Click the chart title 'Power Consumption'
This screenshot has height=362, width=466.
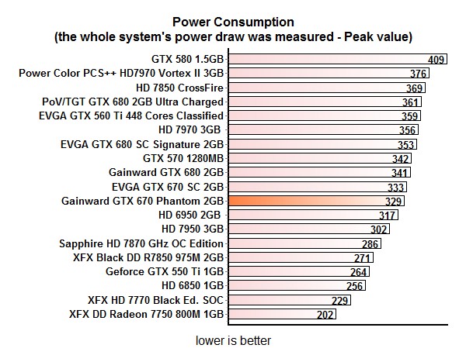[x=233, y=22]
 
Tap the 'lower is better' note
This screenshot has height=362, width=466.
[x=233, y=340]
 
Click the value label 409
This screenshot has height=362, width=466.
[x=436, y=59]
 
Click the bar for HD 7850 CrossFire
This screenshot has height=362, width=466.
[x=326, y=88]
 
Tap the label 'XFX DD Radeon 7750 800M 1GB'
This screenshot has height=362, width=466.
[x=147, y=315]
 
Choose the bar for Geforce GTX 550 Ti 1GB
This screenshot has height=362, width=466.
[x=299, y=272]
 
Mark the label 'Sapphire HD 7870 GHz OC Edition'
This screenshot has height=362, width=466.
[x=141, y=243]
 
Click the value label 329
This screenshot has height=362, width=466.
[x=394, y=201]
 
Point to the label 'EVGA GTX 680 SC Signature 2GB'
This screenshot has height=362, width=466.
[x=142, y=144]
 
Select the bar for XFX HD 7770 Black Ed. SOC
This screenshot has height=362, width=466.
[x=287, y=301]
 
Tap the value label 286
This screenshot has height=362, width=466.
[x=370, y=243]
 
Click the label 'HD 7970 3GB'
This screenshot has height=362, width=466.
[x=190, y=130]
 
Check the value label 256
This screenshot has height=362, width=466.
[x=355, y=286]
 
